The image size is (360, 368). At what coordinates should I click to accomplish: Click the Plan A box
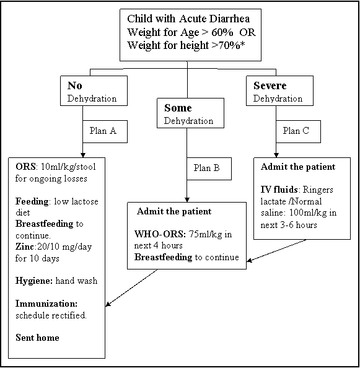[x=105, y=131]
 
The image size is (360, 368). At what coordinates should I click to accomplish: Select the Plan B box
[x=209, y=169]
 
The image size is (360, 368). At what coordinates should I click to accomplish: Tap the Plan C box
[x=298, y=131]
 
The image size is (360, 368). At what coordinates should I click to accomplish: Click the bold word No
[x=75, y=85]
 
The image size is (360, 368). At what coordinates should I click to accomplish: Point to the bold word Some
[x=178, y=108]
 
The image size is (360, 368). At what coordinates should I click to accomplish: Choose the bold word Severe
[x=270, y=85]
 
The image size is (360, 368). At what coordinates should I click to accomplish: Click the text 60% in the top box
[x=222, y=32]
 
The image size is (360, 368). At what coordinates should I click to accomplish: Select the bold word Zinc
[x=25, y=247]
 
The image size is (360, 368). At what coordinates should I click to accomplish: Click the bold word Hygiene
[x=34, y=281]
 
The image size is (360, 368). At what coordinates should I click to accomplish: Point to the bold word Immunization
[x=46, y=304]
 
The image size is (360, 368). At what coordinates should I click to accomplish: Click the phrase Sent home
[x=37, y=338]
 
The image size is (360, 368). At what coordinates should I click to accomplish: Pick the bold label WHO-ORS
[x=160, y=234]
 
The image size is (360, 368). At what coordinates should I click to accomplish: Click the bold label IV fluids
[x=279, y=190]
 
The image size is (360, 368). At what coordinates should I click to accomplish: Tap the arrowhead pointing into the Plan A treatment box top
[x=82, y=155]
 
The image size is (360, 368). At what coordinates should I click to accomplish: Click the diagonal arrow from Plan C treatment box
[x=277, y=250]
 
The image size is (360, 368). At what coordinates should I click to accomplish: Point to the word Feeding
[x=32, y=201]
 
